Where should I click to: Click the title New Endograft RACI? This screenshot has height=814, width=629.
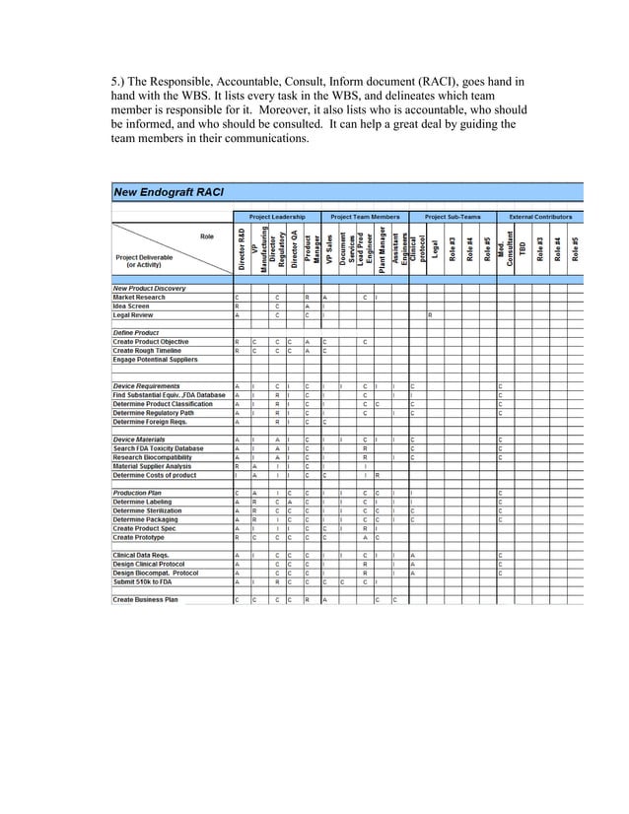click(169, 191)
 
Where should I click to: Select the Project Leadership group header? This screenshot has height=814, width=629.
click(277, 217)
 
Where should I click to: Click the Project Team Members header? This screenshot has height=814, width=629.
click(365, 217)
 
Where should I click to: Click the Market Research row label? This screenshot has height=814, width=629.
click(139, 297)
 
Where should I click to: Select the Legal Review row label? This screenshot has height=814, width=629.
click(133, 314)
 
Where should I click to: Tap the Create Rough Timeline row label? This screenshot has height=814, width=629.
click(149, 350)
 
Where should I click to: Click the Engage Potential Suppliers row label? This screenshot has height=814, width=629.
click(156, 359)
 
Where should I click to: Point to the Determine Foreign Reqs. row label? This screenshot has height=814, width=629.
click(152, 421)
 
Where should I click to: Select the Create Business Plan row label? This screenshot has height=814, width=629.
click(145, 599)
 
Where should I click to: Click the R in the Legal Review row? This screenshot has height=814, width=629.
click(430, 314)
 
